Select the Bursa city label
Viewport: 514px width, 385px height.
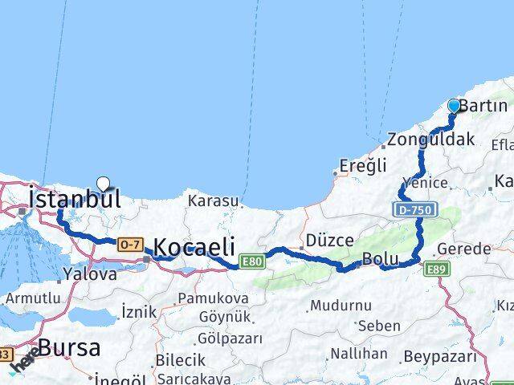click(x=69, y=348)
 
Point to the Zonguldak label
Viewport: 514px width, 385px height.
click(x=430, y=140)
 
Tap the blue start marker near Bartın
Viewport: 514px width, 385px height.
click(x=455, y=106)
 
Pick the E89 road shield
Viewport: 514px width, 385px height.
click(x=437, y=269)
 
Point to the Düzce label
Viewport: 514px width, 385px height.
click(x=325, y=240)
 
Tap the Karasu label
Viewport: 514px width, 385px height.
click(x=212, y=201)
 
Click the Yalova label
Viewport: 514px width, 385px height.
click(x=90, y=274)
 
